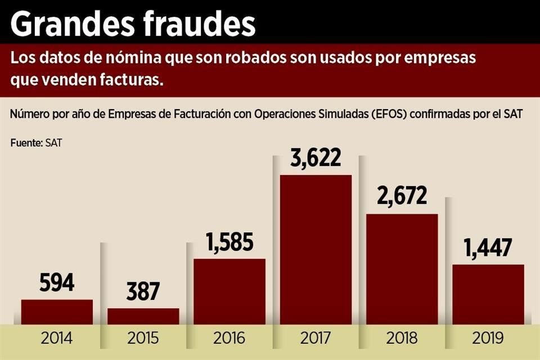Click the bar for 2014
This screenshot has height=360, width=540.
point(57,312)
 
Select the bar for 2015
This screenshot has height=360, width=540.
point(143,316)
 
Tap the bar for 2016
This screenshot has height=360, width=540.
point(229,291)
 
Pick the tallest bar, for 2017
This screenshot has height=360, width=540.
point(316,250)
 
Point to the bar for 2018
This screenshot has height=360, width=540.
point(402,269)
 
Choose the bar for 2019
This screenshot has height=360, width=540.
point(488,294)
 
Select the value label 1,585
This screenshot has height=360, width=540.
point(229,243)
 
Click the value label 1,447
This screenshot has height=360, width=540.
point(488,247)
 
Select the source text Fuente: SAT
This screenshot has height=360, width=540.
point(36,143)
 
